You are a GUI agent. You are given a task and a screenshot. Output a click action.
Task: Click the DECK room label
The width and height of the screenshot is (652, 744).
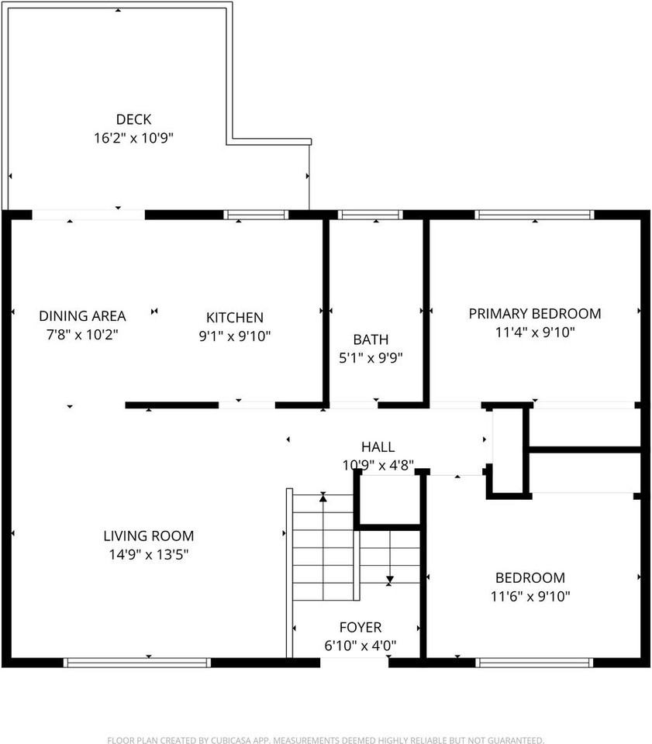point(133,119)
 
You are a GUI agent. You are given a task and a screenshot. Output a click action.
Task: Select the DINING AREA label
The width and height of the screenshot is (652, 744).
point(82,315)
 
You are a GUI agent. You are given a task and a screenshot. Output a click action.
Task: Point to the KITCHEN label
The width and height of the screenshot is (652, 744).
point(234,317)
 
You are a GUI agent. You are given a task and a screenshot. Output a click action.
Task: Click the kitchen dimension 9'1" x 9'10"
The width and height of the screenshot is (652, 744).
point(234,336)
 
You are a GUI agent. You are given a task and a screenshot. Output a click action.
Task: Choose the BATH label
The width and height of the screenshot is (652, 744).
point(371,339)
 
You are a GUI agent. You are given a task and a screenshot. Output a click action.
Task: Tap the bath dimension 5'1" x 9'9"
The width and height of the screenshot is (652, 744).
point(371,358)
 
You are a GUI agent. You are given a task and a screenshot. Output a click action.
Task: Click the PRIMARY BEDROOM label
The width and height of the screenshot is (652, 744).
point(534,314)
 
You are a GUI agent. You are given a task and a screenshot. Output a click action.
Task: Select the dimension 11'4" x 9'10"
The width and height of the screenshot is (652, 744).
point(534,332)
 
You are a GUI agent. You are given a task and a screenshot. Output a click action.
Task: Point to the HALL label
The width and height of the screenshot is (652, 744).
point(378,447)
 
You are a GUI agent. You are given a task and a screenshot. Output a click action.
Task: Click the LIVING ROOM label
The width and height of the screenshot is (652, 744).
point(149,536)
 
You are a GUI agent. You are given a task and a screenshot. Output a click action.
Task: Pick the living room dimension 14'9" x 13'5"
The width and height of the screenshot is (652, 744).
point(149,555)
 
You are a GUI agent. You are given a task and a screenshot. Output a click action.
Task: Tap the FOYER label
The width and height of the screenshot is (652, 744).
point(360,627)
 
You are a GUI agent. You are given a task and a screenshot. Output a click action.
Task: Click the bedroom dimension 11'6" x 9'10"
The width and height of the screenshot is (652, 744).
point(530,597)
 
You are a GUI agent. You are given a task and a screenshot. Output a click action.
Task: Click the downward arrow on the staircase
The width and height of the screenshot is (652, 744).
point(390,578)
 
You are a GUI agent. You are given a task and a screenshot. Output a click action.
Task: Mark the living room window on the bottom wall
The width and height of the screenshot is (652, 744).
point(136,663)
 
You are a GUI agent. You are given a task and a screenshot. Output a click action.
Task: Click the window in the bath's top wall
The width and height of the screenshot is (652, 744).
point(371,215)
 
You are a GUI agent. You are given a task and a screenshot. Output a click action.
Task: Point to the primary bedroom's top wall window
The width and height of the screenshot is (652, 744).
point(534,215)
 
